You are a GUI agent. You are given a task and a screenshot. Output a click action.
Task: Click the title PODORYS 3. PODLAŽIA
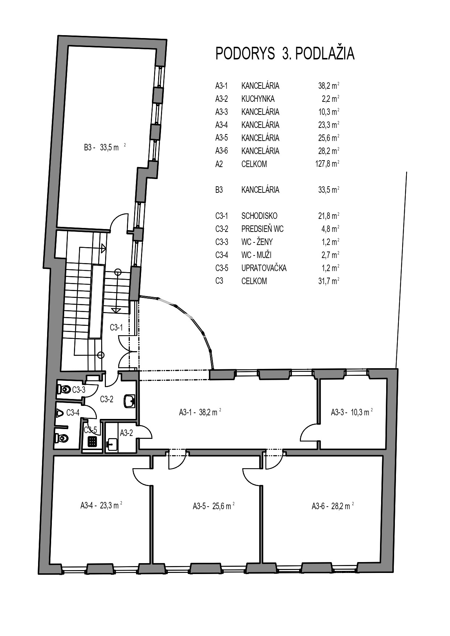click(x=285, y=54)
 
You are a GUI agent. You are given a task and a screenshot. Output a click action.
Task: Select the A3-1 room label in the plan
click(x=200, y=412)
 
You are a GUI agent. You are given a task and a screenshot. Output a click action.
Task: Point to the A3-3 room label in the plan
click(x=352, y=412)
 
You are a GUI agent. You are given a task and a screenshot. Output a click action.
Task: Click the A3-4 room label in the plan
click(x=101, y=505)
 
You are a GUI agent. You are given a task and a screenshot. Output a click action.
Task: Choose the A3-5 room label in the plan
click(x=214, y=506)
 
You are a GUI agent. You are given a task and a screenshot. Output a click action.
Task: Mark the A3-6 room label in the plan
click(x=333, y=506)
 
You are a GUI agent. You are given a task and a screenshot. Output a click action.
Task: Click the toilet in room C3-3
click(x=64, y=390)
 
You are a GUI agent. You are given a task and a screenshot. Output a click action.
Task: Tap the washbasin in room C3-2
click(x=129, y=401)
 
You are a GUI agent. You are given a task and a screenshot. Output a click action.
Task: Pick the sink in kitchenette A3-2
click(x=112, y=444)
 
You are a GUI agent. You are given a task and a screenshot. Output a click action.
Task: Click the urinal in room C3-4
click(x=59, y=413)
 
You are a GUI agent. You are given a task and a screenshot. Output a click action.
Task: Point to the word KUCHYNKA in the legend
click(x=258, y=99)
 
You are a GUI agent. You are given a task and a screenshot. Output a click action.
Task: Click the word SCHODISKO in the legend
click(x=259, y=216)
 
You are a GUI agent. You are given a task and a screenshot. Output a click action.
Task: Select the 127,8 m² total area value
click(x=327, y=164)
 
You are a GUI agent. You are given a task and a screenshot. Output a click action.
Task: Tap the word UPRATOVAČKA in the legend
click(x=264, y=268)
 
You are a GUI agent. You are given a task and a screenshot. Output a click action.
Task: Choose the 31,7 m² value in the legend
click(x=329, y=281)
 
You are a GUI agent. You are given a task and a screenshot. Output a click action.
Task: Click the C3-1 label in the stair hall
click(x=116, y=328)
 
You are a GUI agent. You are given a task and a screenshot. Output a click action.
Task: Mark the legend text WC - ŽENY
click(x=257, y=242)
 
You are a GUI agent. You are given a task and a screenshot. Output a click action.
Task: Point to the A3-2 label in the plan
click(x=126, y=433)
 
